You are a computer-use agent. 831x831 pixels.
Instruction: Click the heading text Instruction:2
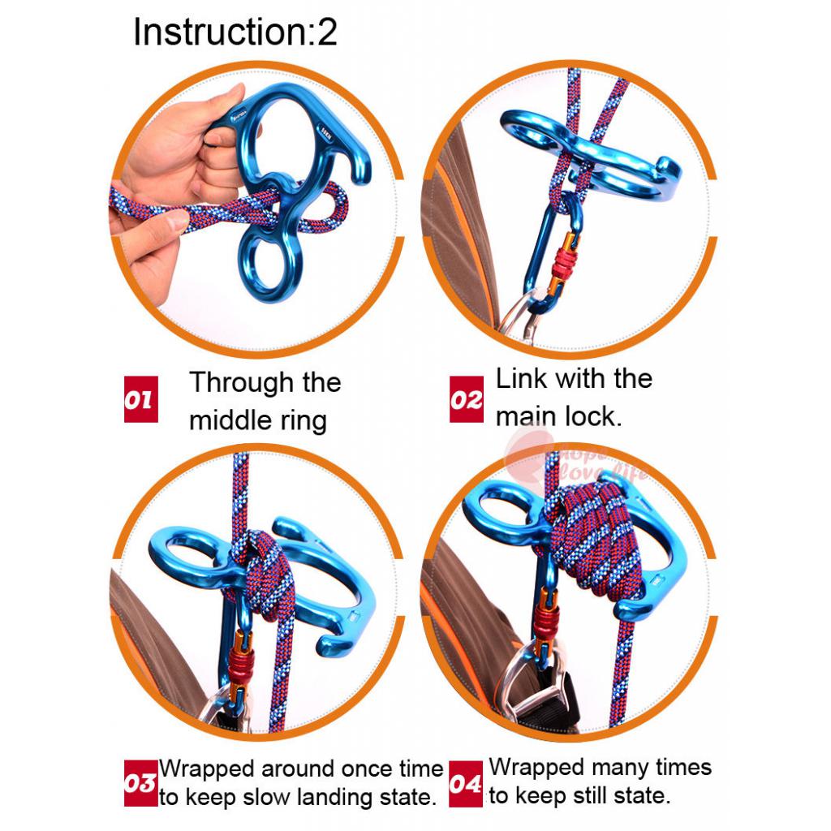[x=235, y=32]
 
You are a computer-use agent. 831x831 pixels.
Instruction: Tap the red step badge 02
[x=467, y=399]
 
